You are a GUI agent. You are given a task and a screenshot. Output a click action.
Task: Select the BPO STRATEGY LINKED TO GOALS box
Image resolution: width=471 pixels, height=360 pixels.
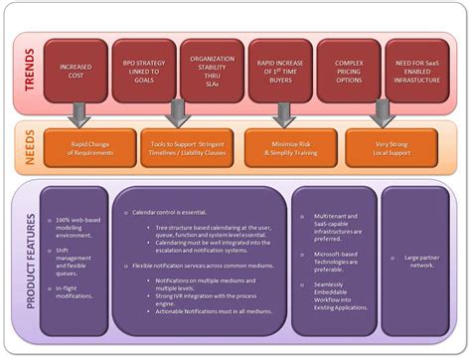[x=143, y=71]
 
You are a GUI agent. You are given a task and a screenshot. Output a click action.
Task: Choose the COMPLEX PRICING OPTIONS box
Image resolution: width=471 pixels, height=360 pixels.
[x=348, y=71]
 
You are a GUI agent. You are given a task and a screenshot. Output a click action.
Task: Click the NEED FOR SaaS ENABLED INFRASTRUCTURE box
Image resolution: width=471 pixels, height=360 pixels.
[x=416, y=71]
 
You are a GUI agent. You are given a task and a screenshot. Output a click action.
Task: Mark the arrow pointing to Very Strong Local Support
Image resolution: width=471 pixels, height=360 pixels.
[x=379, y=115]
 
